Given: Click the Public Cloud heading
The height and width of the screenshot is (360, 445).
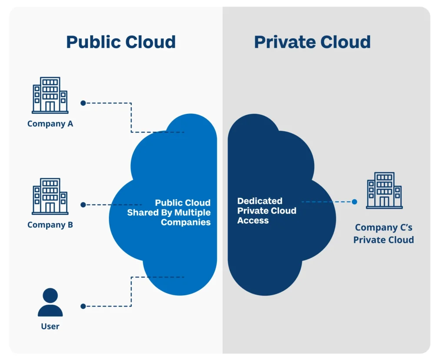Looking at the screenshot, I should [x=121, y=42].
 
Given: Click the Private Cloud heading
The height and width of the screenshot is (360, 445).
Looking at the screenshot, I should [x=312, y=42].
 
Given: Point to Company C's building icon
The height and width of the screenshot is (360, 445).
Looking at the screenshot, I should [x=384, y=190].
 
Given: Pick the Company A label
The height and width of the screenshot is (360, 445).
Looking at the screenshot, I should [x=50, y=124].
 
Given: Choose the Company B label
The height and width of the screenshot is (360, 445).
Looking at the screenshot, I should [x=50, y=225].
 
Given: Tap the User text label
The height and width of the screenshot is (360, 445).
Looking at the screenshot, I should [x=50, y=326].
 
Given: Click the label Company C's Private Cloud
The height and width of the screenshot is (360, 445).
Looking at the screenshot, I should [x=383, y=233].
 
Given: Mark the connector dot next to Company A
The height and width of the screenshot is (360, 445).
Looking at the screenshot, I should [x=83, y=103].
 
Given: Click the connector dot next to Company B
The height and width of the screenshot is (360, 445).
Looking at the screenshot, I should [x=83, y=204].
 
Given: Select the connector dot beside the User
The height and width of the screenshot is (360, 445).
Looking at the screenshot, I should [x=83, y=306].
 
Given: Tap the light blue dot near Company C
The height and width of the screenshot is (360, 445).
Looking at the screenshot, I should [x=354, y=202].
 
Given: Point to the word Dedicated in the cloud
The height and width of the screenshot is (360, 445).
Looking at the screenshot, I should [x=260, y=201].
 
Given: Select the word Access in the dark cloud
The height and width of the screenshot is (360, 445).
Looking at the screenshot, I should [x=253, y=220].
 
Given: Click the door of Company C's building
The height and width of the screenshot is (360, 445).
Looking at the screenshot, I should [x=384, y=202].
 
